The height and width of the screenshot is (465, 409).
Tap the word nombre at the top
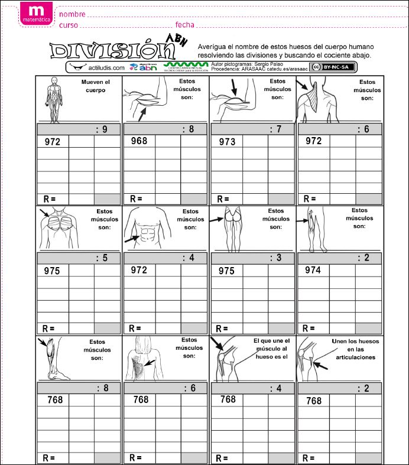(x=72, y=14)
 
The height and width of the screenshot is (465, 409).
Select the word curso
(x=69, y=26)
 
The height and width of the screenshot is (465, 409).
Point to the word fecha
(x=184, y=25)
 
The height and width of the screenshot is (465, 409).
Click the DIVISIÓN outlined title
(x=112, y=51)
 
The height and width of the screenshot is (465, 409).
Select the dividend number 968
(x=139, y=141)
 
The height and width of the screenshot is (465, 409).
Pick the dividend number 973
(x=226, y=142)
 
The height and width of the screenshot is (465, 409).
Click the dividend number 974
(x=313, y=270)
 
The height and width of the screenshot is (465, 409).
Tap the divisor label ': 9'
(x=101, y=129)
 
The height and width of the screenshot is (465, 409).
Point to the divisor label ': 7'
(x=275, y=129)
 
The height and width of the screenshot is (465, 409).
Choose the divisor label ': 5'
(x=101, y=258)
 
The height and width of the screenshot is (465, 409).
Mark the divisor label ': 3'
(x=275, y=258)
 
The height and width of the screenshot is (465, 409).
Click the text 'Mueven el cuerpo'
(x=95, y=86)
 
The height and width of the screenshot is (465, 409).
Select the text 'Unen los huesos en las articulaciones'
(x=355, y=349)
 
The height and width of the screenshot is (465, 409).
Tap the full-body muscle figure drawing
(x=54, y=100)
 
